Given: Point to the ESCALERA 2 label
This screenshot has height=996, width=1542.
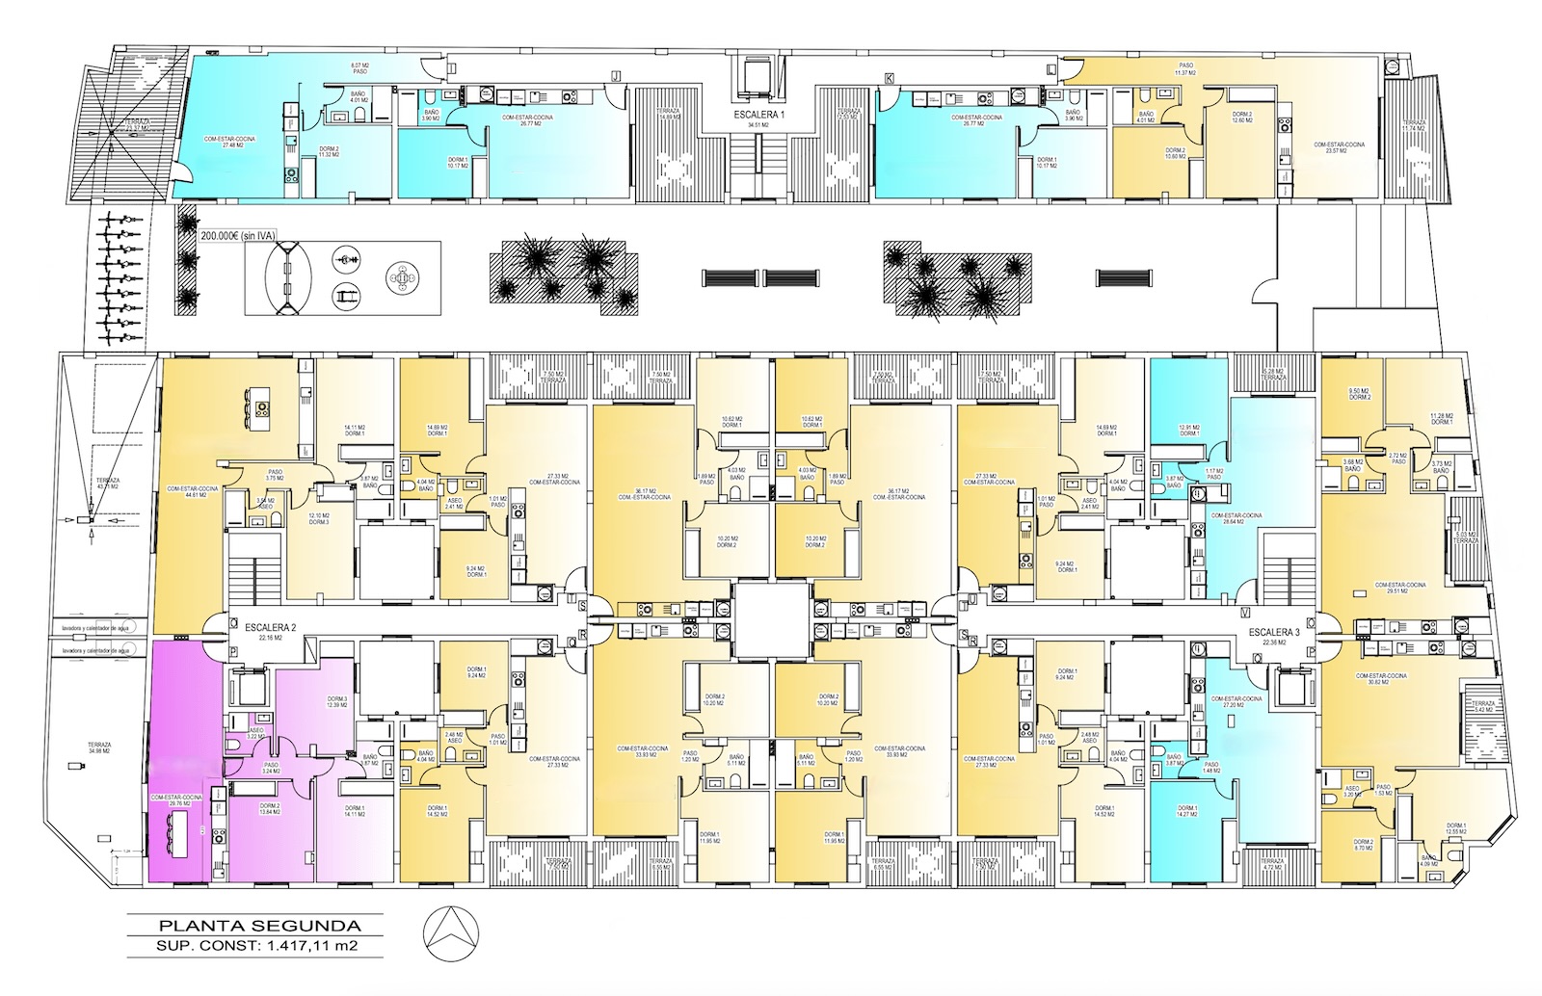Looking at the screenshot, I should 270,627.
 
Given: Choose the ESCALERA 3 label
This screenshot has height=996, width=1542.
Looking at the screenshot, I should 1274,633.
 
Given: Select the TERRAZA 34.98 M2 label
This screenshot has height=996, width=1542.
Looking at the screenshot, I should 99,748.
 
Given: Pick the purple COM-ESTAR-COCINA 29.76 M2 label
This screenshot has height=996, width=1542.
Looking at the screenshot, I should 175,801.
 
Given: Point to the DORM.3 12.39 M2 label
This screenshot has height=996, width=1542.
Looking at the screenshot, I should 336,703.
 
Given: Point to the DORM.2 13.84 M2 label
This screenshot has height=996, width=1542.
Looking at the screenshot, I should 269,810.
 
